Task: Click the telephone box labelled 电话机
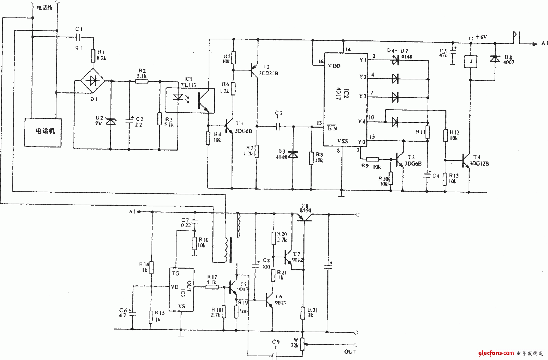[43, 132]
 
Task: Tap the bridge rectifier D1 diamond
[93, 81]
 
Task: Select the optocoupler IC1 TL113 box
[190, 100]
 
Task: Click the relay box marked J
[471, 62]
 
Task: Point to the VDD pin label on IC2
[334, 66]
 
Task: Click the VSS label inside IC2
[342, 141]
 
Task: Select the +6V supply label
[481, 37]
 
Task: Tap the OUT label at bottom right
[350, 352]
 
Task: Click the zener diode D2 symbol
[110, 121]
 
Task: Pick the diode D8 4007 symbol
[495, 59]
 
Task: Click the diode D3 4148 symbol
[293, 155]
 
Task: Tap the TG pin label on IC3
[175, 273]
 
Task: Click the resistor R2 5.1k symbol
[142, 81]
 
